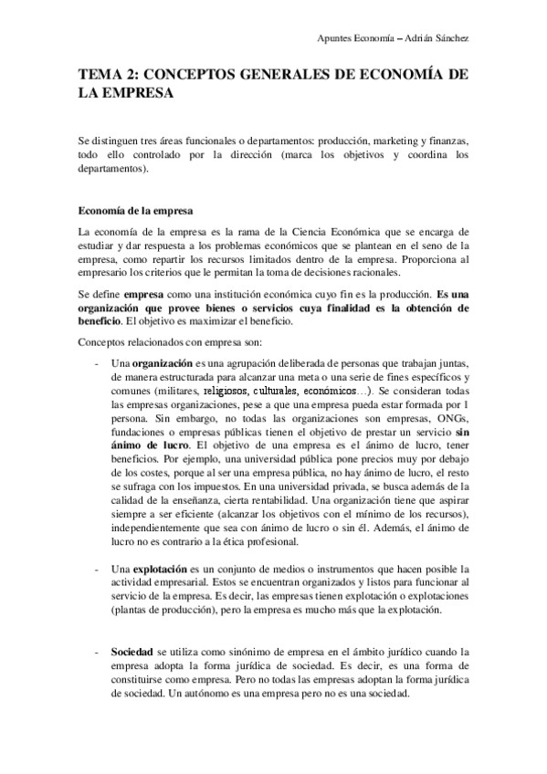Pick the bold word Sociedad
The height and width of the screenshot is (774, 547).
[131, 653]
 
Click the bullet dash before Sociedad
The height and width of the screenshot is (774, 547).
[97, 653]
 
